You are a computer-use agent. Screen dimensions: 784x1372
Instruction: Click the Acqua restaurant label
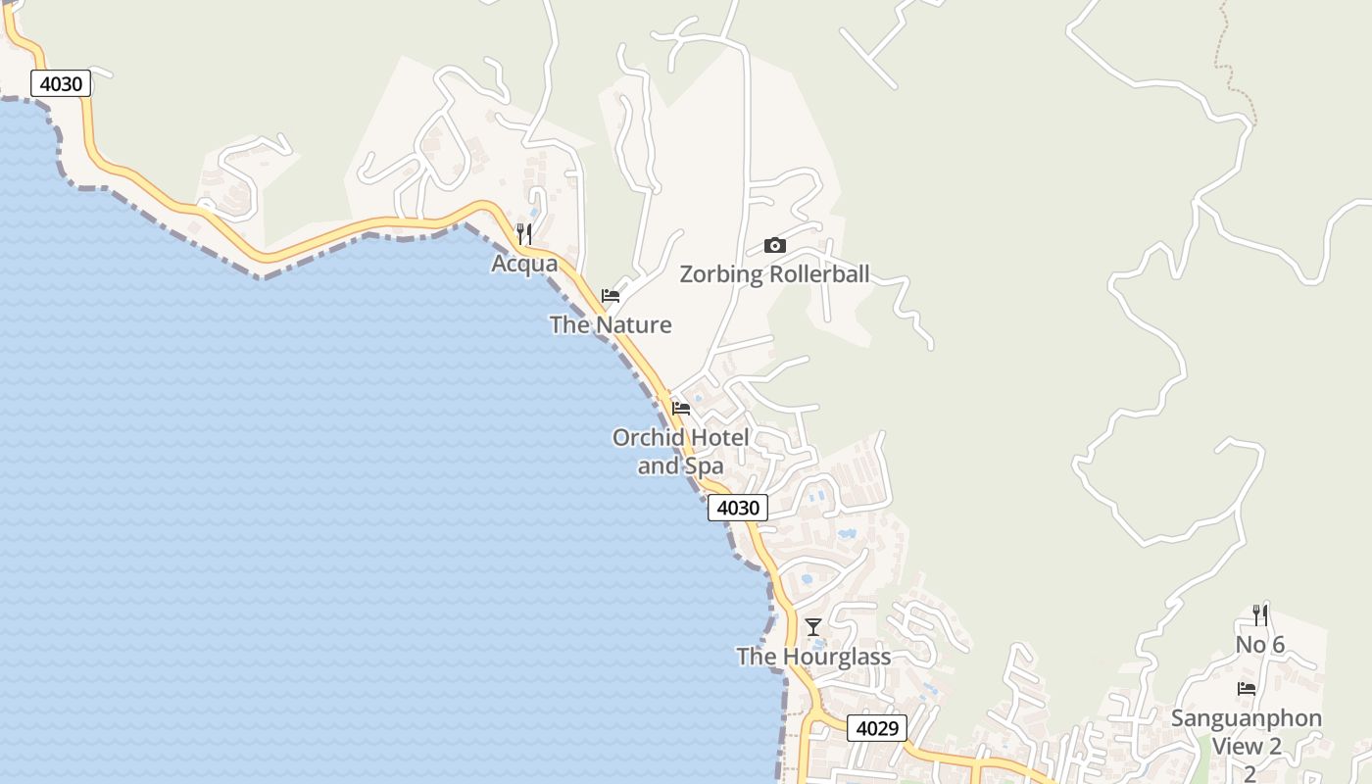524,264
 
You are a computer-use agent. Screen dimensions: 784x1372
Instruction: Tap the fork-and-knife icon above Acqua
524,233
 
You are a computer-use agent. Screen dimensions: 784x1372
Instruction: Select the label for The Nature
611,324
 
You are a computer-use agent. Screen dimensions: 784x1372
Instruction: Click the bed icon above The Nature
611,295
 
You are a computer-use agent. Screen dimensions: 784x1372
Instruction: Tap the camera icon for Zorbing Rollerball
774,245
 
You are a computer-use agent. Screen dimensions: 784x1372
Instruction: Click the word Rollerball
819,274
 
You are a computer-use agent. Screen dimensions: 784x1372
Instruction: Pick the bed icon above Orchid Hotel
681,408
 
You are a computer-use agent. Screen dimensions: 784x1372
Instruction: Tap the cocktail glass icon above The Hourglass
813,626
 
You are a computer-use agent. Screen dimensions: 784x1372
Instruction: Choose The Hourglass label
813,656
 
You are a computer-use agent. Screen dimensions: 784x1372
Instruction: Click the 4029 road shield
877,728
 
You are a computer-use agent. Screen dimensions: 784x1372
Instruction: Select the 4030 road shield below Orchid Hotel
738,508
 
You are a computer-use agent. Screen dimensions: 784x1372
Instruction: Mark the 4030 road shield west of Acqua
61,84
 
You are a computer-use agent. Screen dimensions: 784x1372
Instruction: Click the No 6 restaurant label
1259,644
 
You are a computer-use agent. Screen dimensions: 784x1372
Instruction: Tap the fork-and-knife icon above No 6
1260,615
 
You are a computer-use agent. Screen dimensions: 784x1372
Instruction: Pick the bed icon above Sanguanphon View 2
1247,689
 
